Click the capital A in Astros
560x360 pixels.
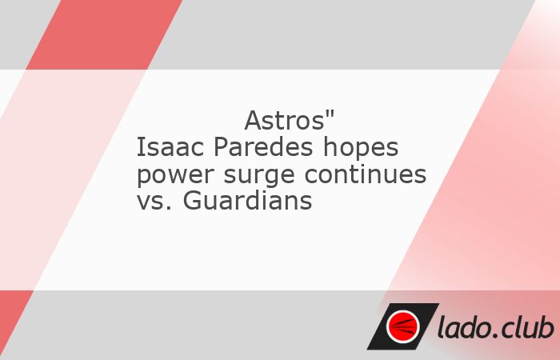[x=252, y=122]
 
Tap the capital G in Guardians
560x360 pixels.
[x=192, y=202]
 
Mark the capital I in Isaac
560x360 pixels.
[x=141, y=148]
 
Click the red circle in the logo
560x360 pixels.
[x=402, y=326]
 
